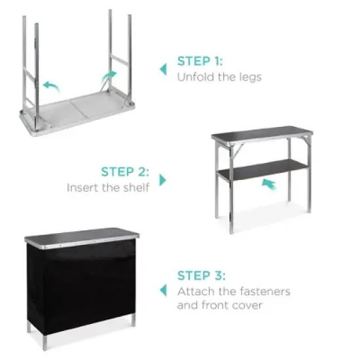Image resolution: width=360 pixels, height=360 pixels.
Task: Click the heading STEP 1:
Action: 200,62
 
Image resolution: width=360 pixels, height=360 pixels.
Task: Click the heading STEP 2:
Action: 125,172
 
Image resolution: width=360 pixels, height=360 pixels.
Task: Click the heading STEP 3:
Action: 200,276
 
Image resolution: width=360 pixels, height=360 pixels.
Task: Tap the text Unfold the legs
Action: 219,77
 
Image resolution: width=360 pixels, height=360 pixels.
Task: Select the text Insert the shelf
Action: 107,188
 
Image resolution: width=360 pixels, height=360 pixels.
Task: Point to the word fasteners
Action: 264,291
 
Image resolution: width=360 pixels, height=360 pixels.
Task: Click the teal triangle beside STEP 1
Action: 162,67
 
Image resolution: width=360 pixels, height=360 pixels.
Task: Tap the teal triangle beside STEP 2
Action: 163,179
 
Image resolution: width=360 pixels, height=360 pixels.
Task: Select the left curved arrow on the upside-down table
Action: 49,86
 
